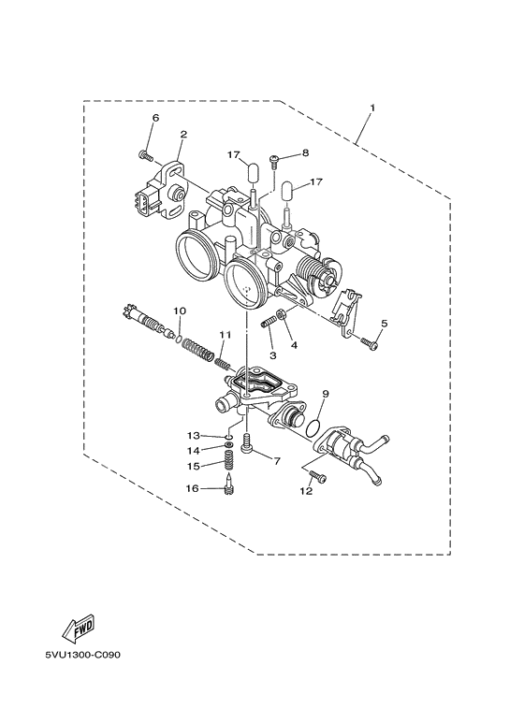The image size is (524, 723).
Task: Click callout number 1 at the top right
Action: [x=371, y=108]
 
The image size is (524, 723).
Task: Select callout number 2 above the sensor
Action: [x=183, y=135]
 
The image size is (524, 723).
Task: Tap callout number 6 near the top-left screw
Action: [x=155, y=118]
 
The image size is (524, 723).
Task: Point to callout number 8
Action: [x=305, y=152]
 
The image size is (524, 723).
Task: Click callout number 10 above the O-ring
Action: [x=179, y=310]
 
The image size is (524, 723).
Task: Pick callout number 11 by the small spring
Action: [x=225, y=334]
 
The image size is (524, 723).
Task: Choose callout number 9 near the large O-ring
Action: [x=326, y=394]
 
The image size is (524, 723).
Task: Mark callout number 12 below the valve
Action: [x=306, y=490]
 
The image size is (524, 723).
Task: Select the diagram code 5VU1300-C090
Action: [x=74, y=654]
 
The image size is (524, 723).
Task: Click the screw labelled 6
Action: [x=145, y=154]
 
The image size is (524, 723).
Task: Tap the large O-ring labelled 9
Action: [x=315, y=427]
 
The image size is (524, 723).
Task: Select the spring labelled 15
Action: [x=226, y=462]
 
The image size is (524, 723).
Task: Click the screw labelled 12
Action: [x=320, y=478]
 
